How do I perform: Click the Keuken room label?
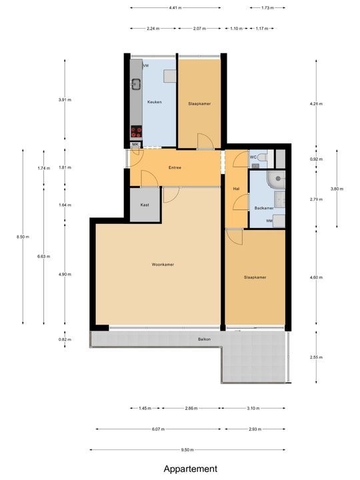coord(155,101)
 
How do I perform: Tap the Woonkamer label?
coord(163,265)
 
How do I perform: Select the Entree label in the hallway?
coord(175,167)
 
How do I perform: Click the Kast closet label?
coord(145,205)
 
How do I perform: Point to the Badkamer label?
coord(264,209)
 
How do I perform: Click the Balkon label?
coord(205,339)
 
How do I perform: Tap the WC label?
coord(253,157)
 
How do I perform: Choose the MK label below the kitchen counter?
coord(135,145)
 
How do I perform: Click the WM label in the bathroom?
coord(269,221)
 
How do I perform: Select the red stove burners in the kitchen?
coord(136,131)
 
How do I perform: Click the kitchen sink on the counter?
coord(136,84)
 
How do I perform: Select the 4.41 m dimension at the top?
coord(175,8)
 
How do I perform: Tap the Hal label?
coord(236,189)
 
